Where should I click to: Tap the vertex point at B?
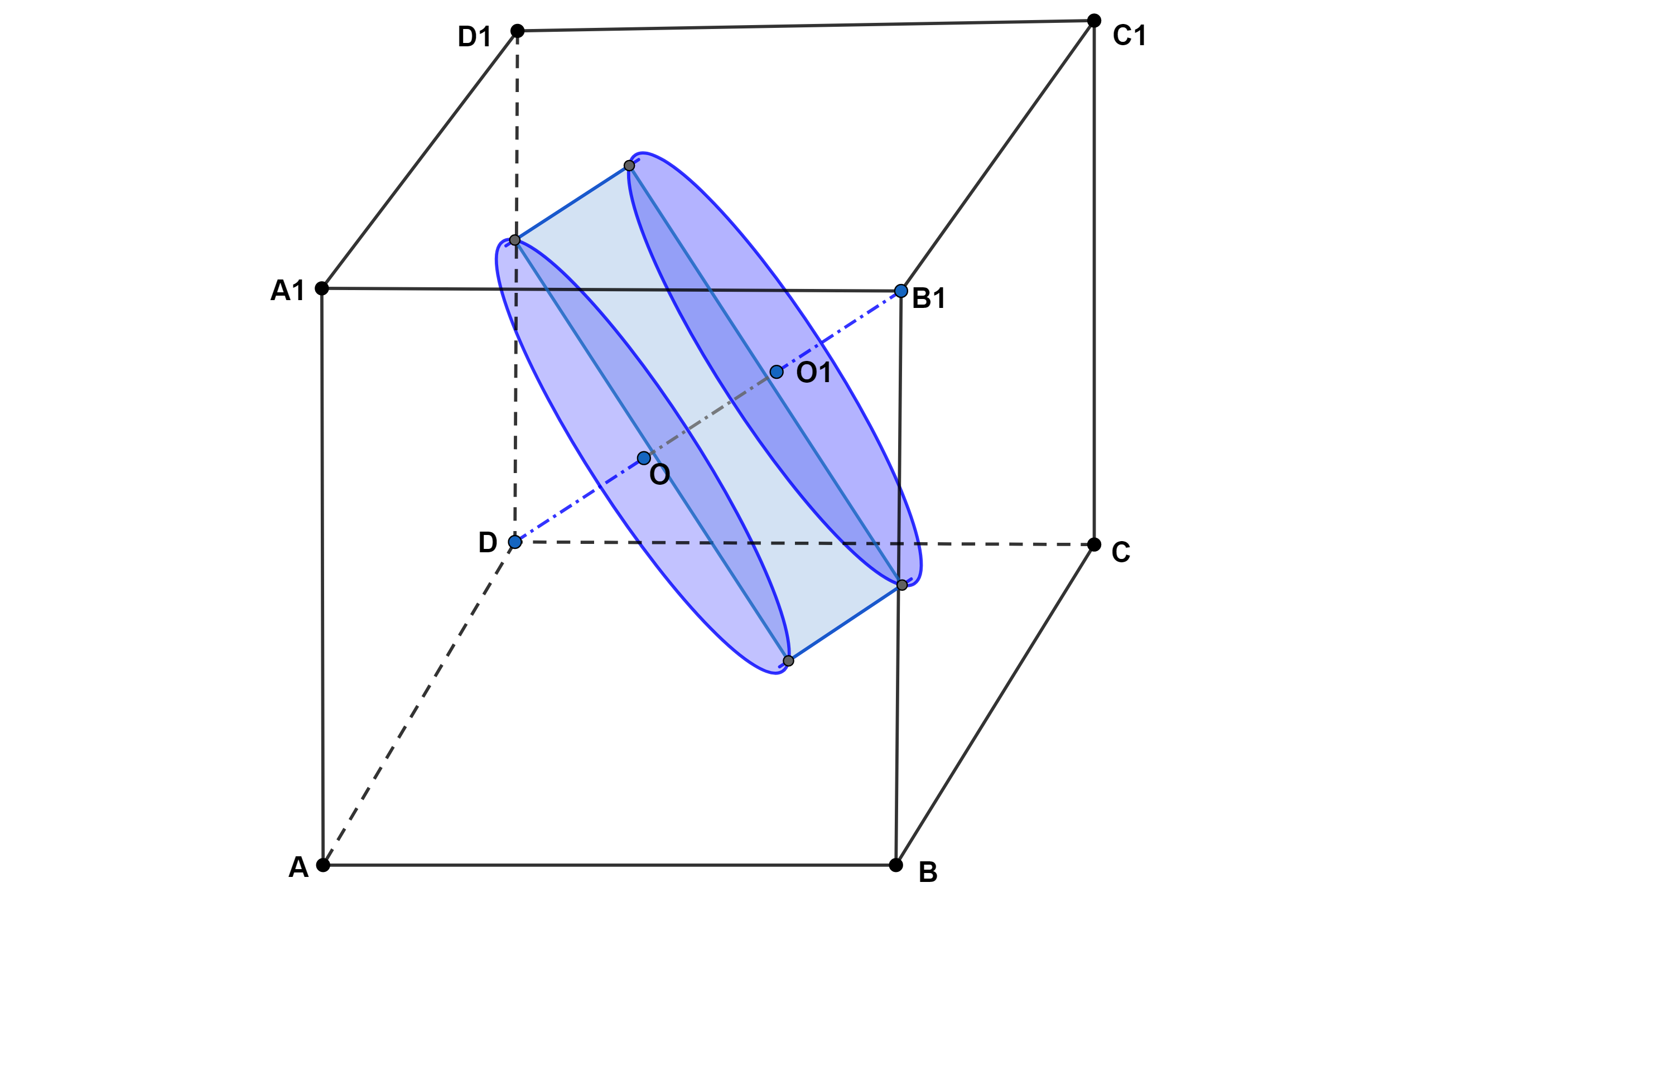point(895,865)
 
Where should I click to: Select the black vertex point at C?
point(1094,544)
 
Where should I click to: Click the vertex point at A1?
point(322,288)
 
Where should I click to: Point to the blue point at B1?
point(901,291)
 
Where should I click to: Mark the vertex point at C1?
point(1094,21)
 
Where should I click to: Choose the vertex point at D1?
point(517,31)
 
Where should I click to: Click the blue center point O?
point(644,458)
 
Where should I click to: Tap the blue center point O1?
point(777,372)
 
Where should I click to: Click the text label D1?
point(475,37)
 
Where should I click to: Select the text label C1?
point(1130,35)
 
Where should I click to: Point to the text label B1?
point(929,298)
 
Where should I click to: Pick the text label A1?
point(287,290)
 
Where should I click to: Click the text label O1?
point(814,373)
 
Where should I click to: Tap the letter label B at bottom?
point(928,872)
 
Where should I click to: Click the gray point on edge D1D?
point(514,240)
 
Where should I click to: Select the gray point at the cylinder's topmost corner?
point(629,166)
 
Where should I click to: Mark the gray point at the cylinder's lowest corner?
point(789,660)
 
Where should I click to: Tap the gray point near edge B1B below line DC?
point(902,585)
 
